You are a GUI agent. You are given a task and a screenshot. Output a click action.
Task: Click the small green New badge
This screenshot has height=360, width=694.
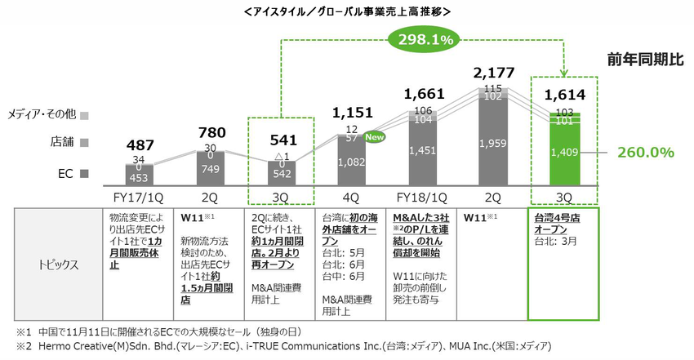click(x=376, y=136)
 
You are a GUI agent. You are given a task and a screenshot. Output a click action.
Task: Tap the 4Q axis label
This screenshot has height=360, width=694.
click(x=351, y=197)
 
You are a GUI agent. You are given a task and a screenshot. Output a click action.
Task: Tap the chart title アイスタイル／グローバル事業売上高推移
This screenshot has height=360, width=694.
click(x=346, y=11)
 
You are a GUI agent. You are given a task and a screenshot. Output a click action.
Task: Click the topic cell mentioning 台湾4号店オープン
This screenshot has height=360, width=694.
click(x=565, y=225)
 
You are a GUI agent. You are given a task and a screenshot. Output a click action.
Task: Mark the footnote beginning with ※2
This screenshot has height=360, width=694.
click(x=278, y=349)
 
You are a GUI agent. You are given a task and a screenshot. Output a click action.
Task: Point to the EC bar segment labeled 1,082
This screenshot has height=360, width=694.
click(x=351, y=162)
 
